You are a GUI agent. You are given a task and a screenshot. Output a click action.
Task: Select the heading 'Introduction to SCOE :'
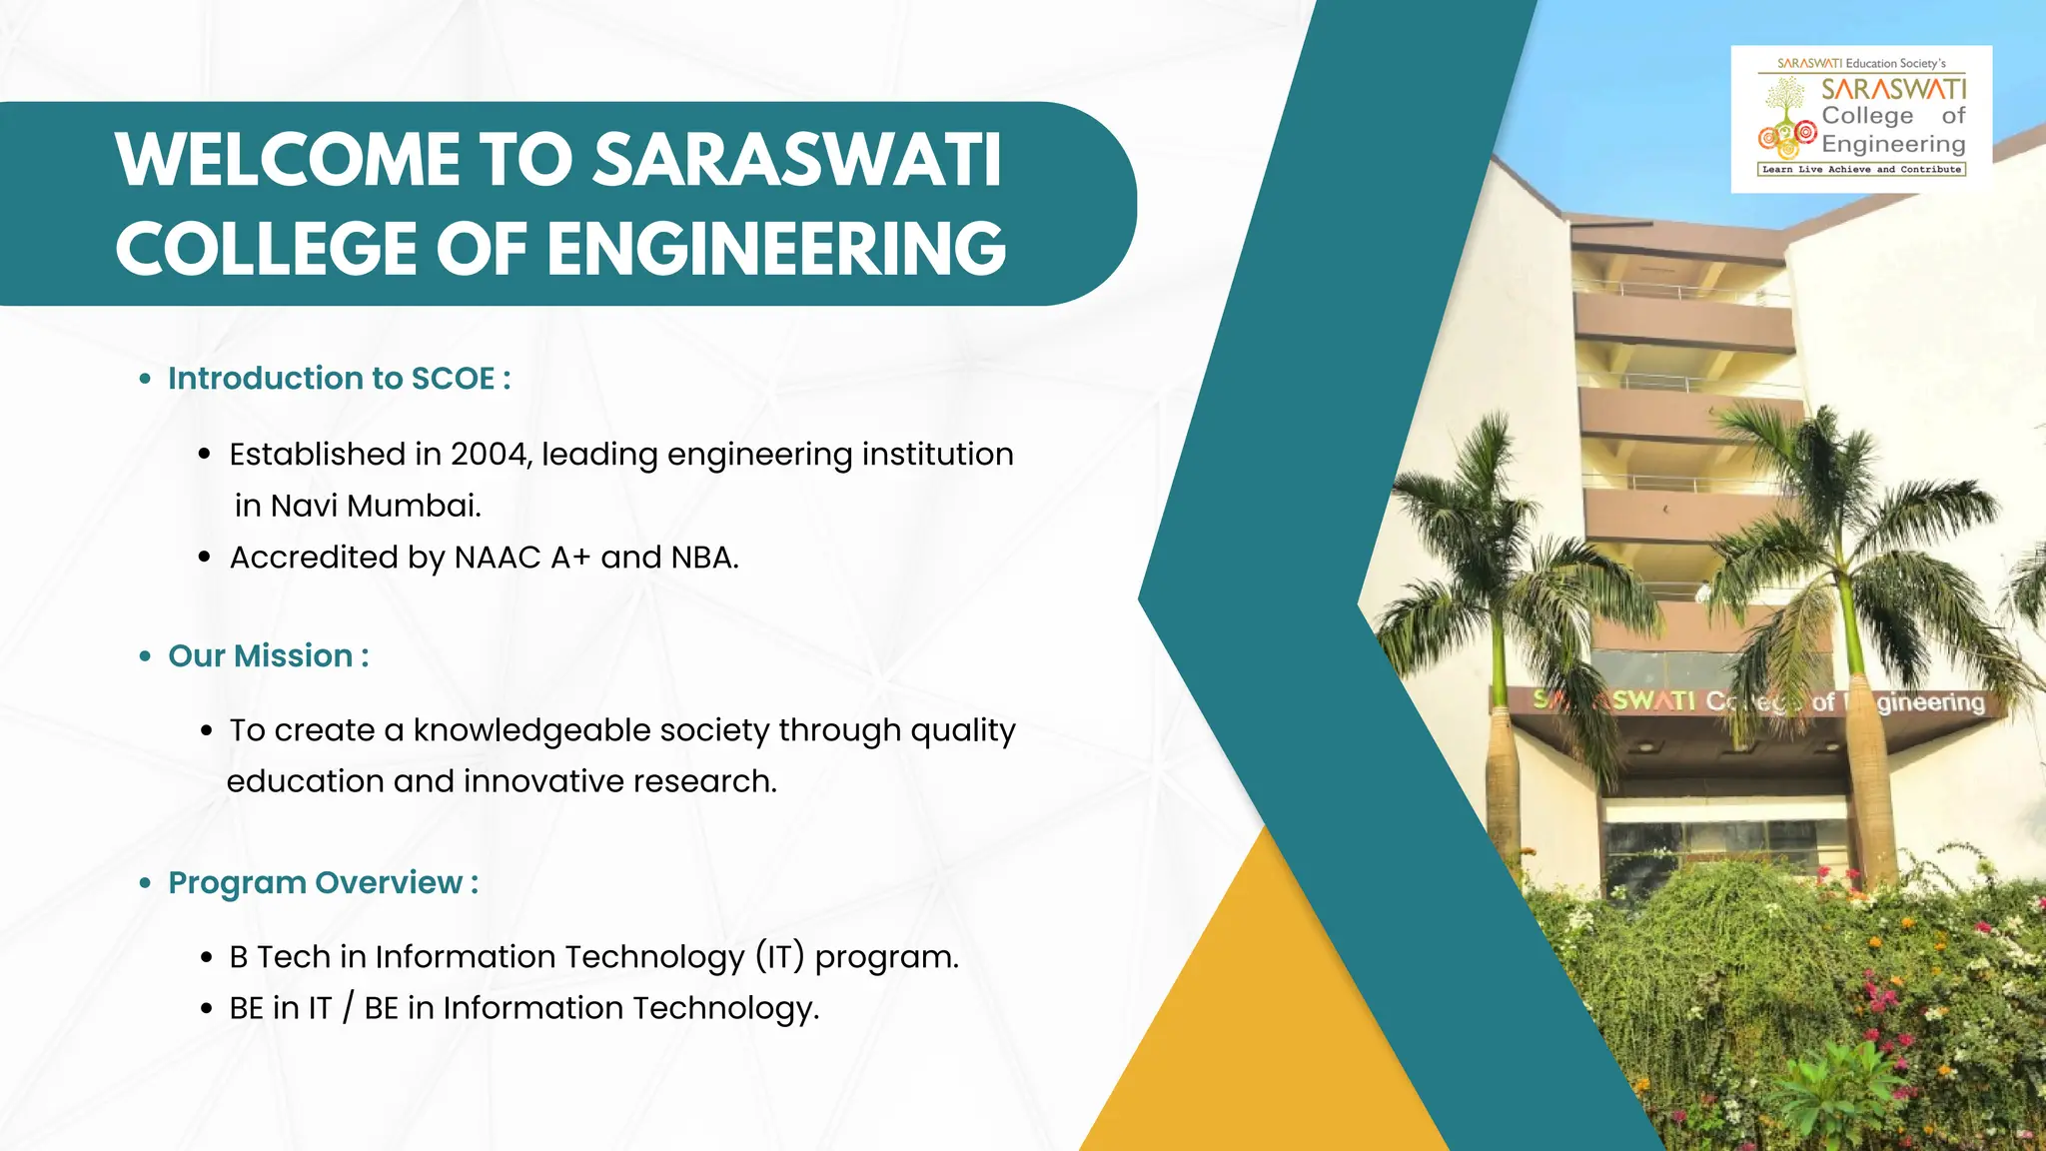tap(339, 379)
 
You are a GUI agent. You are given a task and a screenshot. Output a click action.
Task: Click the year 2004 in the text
tap(489, 455)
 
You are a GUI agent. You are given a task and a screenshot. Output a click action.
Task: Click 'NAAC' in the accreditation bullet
tap(498, 558)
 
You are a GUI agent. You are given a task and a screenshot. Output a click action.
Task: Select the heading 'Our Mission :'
tap(268, 656)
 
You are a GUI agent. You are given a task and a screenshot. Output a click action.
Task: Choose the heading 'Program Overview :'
tap(323, 883)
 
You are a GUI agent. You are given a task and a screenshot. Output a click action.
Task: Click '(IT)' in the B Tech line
tap(779, 957)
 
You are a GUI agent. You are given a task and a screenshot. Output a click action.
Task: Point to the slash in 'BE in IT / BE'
tap(348, 1009)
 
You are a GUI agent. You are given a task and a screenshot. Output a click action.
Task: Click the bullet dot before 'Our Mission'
tap(146, 656)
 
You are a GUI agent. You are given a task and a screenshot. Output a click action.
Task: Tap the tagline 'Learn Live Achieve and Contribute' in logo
tap(1861, 170)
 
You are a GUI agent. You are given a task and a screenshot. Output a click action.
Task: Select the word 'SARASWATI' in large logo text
tap(1893, 89)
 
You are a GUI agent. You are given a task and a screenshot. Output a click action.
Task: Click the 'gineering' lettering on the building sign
tap(1930, 702)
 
